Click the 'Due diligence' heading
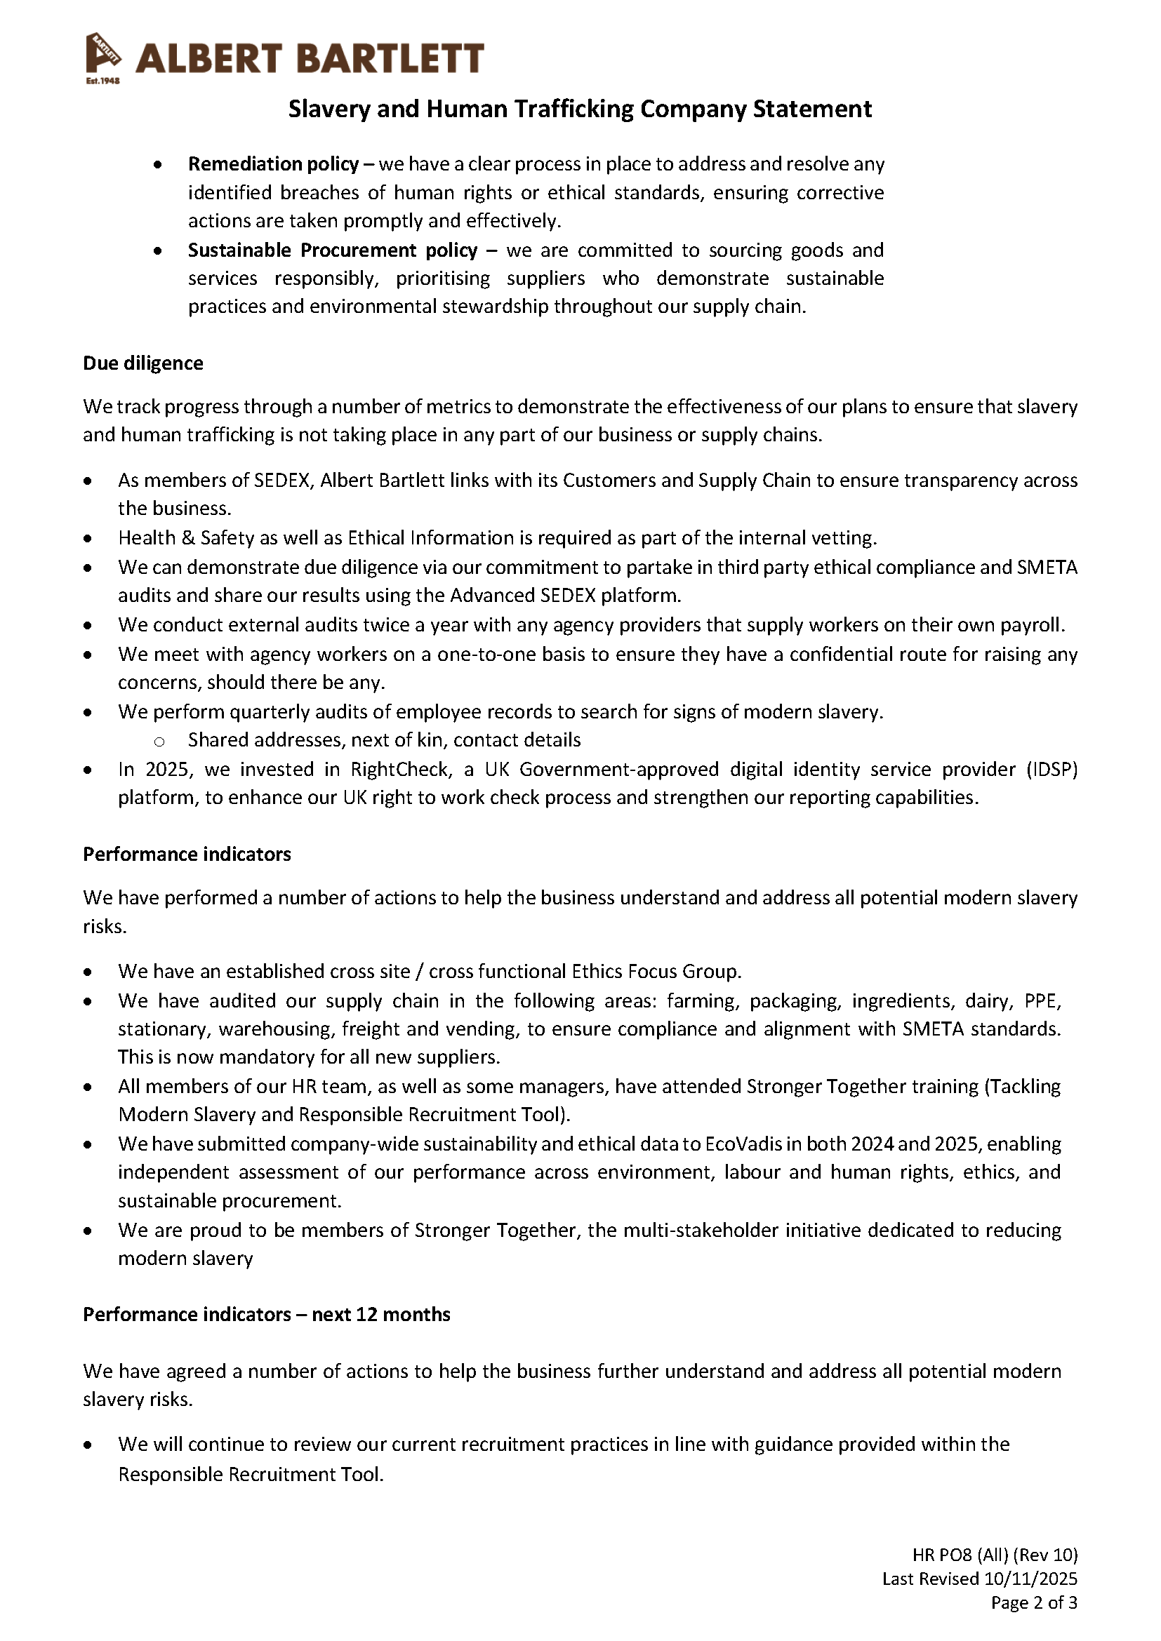point(143,363)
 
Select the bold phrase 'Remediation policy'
point(273,164)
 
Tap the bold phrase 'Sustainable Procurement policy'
point(333,250)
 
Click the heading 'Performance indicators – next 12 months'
point(267,1315)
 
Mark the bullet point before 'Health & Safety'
point(87,538)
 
